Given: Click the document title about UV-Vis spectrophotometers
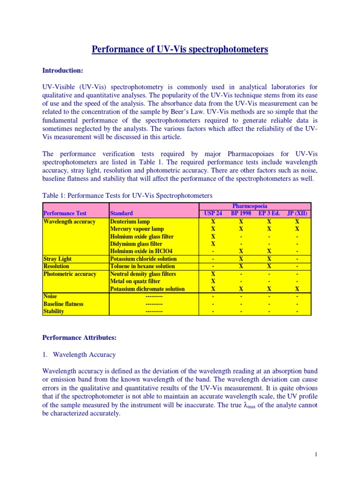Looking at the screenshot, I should tap(180, 49).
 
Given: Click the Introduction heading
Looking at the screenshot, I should tap(62, 71).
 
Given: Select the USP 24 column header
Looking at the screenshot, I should tap(213, 214).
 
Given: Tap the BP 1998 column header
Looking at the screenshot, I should tap(241, 214).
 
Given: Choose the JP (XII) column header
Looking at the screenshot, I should tap(297, 214).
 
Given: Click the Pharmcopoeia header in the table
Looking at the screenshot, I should tap(255, 206).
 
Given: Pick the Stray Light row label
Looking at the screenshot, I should tap(57, 259).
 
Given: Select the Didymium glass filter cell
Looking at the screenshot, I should tap(136, 244).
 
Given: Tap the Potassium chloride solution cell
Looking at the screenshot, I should tap(143, 259).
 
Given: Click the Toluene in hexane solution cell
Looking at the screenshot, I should tap(142, 266).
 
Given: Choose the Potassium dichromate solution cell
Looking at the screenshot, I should tap(147, 289).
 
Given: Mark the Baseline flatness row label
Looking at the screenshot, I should tap(63, 304).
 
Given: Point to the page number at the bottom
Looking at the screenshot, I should tap(316, 454).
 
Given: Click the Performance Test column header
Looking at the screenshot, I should tap(65, 214).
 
